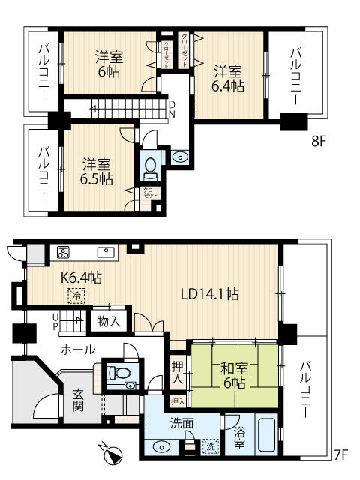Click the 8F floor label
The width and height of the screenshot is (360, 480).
coord(319,142)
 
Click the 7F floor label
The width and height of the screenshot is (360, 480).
coord(340,455)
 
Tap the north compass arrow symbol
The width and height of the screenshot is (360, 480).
coord(111,453)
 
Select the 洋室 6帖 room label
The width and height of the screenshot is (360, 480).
coord(109,64)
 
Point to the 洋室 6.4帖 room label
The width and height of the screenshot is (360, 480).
coord(228,79)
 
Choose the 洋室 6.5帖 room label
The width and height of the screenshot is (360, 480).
coord(97,172)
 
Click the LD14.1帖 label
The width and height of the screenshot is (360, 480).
coord(210,294)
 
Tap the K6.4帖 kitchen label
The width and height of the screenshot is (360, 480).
coord(81,277)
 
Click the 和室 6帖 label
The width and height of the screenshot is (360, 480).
coord(234,376)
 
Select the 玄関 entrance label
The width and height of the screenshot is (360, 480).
coord(78,400)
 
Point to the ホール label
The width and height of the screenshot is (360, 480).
coord(78,349)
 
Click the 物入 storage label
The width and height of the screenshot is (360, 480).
coord(109,322)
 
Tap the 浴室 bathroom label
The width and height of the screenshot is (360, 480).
coord(239,438)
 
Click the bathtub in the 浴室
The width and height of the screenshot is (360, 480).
coord(267,435)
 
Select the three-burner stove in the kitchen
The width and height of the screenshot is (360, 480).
coord(63,252)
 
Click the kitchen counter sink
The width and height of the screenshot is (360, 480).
coord(106,252)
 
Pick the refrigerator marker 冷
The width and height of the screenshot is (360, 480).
coord(76,296)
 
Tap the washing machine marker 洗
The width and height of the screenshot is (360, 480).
coord(211,446)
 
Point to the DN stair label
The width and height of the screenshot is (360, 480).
coord(172,109)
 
